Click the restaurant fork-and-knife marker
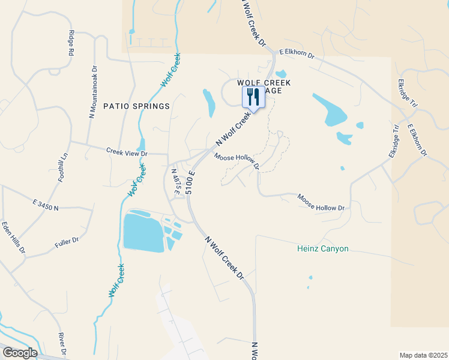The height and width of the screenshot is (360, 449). point(253,96)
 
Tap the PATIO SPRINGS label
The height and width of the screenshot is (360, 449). point(136,106)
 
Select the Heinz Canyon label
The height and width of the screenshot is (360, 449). point(323,248)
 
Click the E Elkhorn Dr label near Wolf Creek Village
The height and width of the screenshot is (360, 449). point(297,55)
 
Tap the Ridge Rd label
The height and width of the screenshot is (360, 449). point(71,43)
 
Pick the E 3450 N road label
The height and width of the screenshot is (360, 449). point(46,205)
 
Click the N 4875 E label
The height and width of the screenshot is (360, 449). point(176,185)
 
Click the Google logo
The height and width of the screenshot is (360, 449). point(19,353)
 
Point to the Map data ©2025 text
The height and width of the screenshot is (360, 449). point(423,355)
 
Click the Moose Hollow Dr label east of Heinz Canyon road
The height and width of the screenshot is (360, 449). point(321,202)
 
